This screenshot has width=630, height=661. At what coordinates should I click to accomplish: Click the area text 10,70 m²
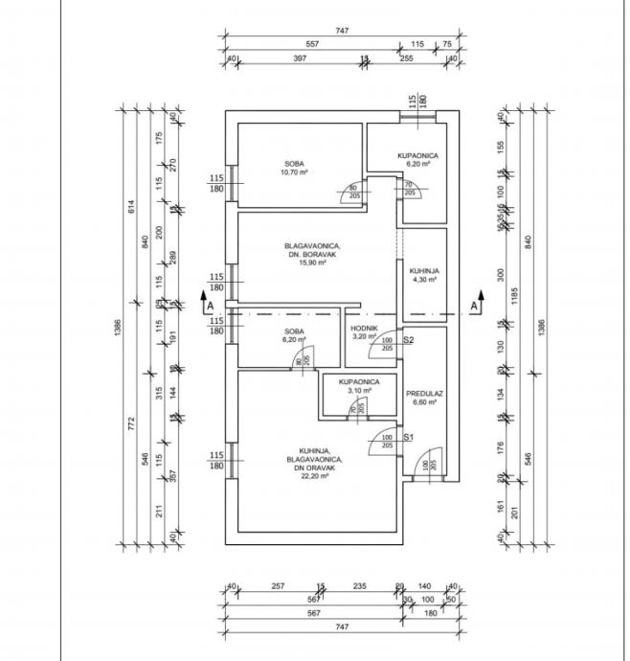(294, 172)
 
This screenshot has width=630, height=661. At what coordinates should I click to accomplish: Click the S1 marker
(407, 438)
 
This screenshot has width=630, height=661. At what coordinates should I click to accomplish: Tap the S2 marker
(407, 340)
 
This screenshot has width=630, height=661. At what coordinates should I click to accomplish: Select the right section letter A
(473, 306)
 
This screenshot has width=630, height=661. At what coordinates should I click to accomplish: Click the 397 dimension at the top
(299, 57)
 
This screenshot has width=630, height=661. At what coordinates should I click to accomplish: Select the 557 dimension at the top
(312, 44)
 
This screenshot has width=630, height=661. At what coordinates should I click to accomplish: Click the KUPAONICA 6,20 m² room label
(418, 155)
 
